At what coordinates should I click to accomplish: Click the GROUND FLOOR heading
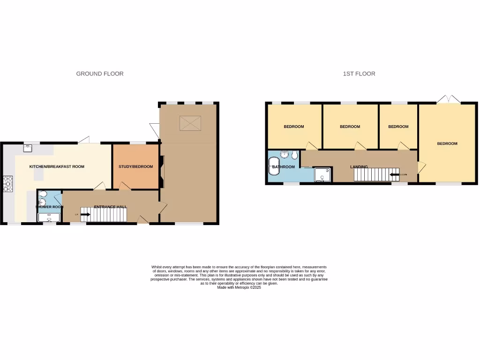(x=100, y=74)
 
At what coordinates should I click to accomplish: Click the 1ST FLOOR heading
(x=359, y=74)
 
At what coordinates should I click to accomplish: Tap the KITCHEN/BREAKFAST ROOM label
(x=57, y=166)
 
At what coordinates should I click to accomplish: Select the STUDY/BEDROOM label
(x=135, y=166)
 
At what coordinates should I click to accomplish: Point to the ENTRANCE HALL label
(x=110, y=207)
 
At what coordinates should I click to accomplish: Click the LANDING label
(x=359, y=166)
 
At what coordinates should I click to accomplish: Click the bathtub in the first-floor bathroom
(x=274, y=166)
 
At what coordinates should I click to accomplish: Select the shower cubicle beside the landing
(x=322, y=174)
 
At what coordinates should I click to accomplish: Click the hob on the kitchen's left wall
(x=8, y=183)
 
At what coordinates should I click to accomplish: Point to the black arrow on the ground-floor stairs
(x=85, y=215)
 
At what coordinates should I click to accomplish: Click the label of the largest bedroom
(x=447, y=143)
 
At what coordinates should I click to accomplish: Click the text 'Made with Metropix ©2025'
(x=239, y=288)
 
